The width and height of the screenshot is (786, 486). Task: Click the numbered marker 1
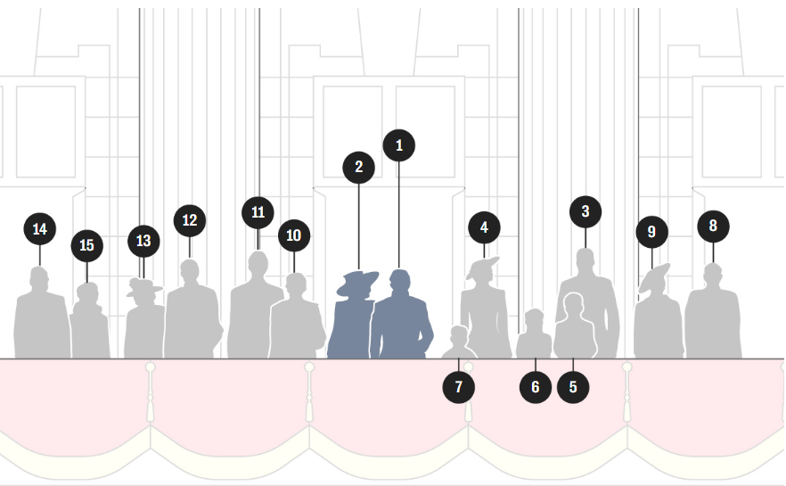click(398, 144)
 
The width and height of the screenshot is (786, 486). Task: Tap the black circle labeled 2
click(358, 167)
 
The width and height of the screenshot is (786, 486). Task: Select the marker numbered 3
click(585, 211)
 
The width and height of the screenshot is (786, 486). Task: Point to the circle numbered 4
click(484, 227)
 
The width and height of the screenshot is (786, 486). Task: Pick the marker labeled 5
click(573, 388)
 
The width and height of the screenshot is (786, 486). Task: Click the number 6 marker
click(536, 388)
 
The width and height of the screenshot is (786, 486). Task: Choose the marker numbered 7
click(459, 388)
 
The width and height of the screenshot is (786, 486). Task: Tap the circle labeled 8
click(713, 227)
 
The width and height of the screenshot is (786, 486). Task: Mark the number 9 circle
click(651, 233)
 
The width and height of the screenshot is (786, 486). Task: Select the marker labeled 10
click(294, 236)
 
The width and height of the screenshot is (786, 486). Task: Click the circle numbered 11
click(258, 212)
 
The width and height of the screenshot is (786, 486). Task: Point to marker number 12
click(189, 220)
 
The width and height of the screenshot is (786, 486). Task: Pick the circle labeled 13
click(143, 241)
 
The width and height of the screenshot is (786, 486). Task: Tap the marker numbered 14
click(39, 229)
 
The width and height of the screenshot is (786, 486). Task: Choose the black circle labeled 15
click(86, 246)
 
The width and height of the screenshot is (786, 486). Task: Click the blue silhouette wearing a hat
click(354, 321)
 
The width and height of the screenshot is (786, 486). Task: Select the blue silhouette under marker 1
click(401, 321)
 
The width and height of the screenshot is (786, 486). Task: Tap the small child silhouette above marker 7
click(459, 344)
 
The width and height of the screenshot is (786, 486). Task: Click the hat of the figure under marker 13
click(143, 287)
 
